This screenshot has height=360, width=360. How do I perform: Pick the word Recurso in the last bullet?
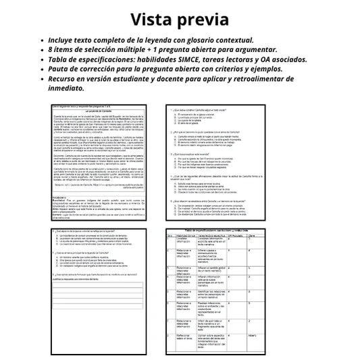pos(66,78)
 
